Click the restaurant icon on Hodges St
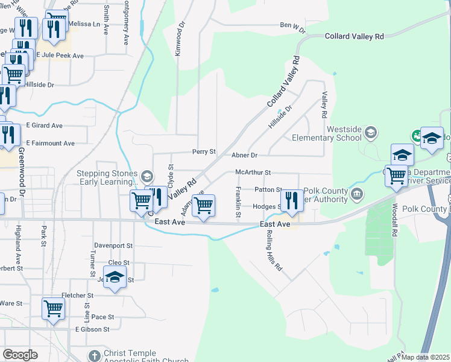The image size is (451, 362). pyautogui.click(x=292, y=201)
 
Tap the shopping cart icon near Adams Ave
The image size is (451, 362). pyautogui.click(x=204, y=206)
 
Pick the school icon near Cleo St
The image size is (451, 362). pyautogui.click(x=113, y=278)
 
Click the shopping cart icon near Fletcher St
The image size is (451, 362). pyautogui.click(x=53, y=308)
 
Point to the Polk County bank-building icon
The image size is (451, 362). pyautogui.click(x=357, y=194)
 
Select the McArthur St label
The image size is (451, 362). pyautogui.click(x=253, y=172)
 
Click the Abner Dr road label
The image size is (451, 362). pyautogui.click(x=244, y=155)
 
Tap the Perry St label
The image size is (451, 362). pyautogui.click(x=204, y=151)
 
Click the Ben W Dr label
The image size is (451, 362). pyautogui.click(x=293, y=27)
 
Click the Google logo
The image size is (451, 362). pyautogui.click(x=20, y=355)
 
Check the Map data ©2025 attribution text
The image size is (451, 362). pyautogui.click(x=426, y=357)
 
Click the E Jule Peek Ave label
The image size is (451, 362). pyautogui.click(x=59, y=56)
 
